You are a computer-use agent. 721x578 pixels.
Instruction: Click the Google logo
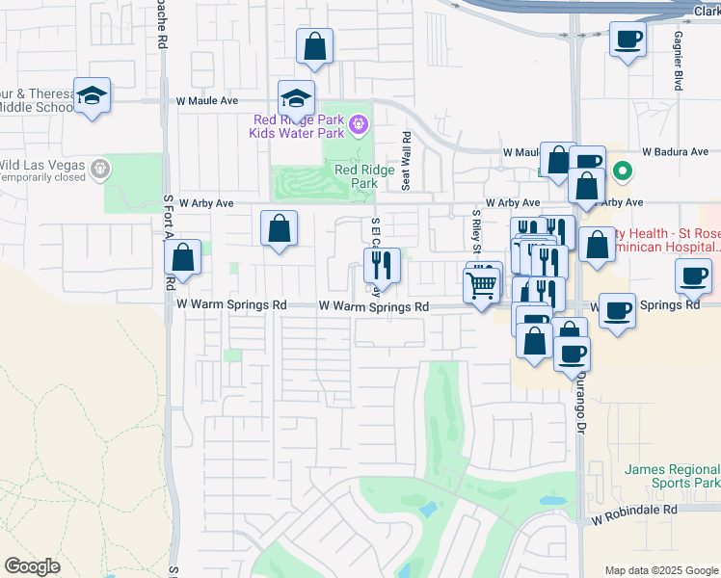point(33,566)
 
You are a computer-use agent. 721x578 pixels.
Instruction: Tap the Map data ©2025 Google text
point(660,569)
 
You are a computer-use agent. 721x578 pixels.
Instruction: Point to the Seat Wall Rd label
point(406,161)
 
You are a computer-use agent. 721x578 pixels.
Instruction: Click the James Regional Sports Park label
point(672,476)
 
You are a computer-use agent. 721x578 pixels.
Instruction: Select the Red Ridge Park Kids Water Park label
point(298,125)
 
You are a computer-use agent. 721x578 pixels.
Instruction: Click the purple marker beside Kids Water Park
point(359,123)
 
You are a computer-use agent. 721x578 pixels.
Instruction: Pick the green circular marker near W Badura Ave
point(623,172)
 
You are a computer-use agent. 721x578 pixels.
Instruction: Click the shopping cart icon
point(481,284)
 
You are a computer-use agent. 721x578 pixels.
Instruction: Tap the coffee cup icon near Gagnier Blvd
point(628,39)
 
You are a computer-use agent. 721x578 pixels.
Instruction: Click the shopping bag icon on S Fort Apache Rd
point(182,258)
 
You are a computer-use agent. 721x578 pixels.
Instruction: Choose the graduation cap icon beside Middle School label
point(92,95)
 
